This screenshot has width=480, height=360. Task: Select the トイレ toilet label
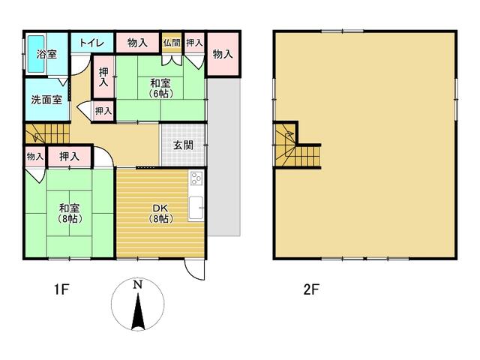coord(91,43)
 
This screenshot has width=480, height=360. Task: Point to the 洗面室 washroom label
coord(46,100)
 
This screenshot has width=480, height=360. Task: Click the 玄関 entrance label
coord(183,145)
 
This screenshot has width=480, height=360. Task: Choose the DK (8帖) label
coord(161,213)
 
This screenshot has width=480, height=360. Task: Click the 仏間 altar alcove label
coord(172,43)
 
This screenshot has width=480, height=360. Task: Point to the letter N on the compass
coord(137,285)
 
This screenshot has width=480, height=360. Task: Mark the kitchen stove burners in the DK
coord(196,178)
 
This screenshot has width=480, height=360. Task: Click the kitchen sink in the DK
coord(196,207)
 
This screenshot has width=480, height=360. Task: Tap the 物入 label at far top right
coord(223,54)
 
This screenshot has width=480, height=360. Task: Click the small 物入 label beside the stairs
coord(34,157)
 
